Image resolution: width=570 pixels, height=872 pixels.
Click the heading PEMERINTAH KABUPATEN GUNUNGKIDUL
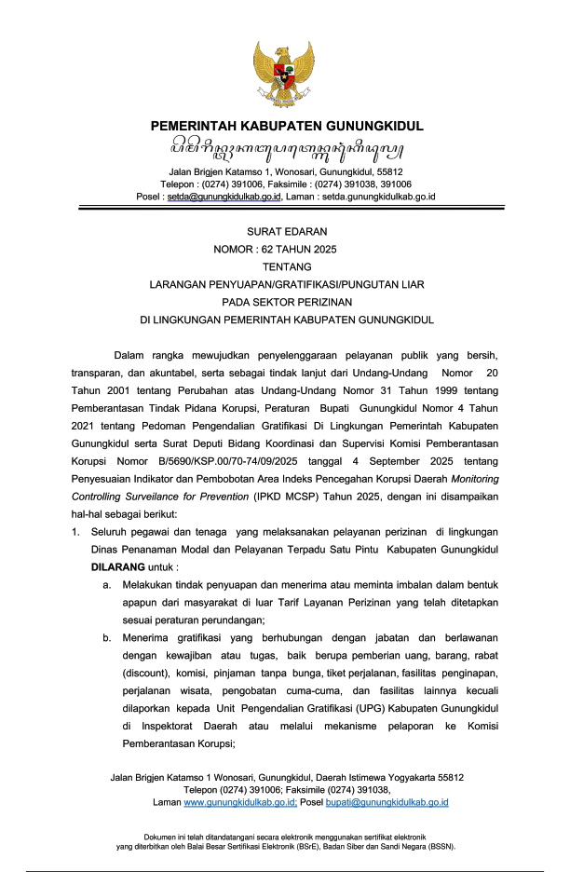tap(286, 126)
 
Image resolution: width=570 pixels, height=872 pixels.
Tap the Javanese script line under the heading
tap(286, 148)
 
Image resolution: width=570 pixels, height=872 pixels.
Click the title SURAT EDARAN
tap(286, 231)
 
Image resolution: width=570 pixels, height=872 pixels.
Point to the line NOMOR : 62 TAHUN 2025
tap(276, 250)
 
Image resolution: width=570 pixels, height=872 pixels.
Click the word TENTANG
tap(286, 267)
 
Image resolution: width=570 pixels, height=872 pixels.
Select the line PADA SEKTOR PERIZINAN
tap(286, 302)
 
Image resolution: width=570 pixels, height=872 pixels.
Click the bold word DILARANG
tap(115, 566)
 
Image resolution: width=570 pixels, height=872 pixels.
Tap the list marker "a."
tap(108, 584)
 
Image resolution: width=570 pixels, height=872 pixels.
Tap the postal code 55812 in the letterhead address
tap(389, 172)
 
